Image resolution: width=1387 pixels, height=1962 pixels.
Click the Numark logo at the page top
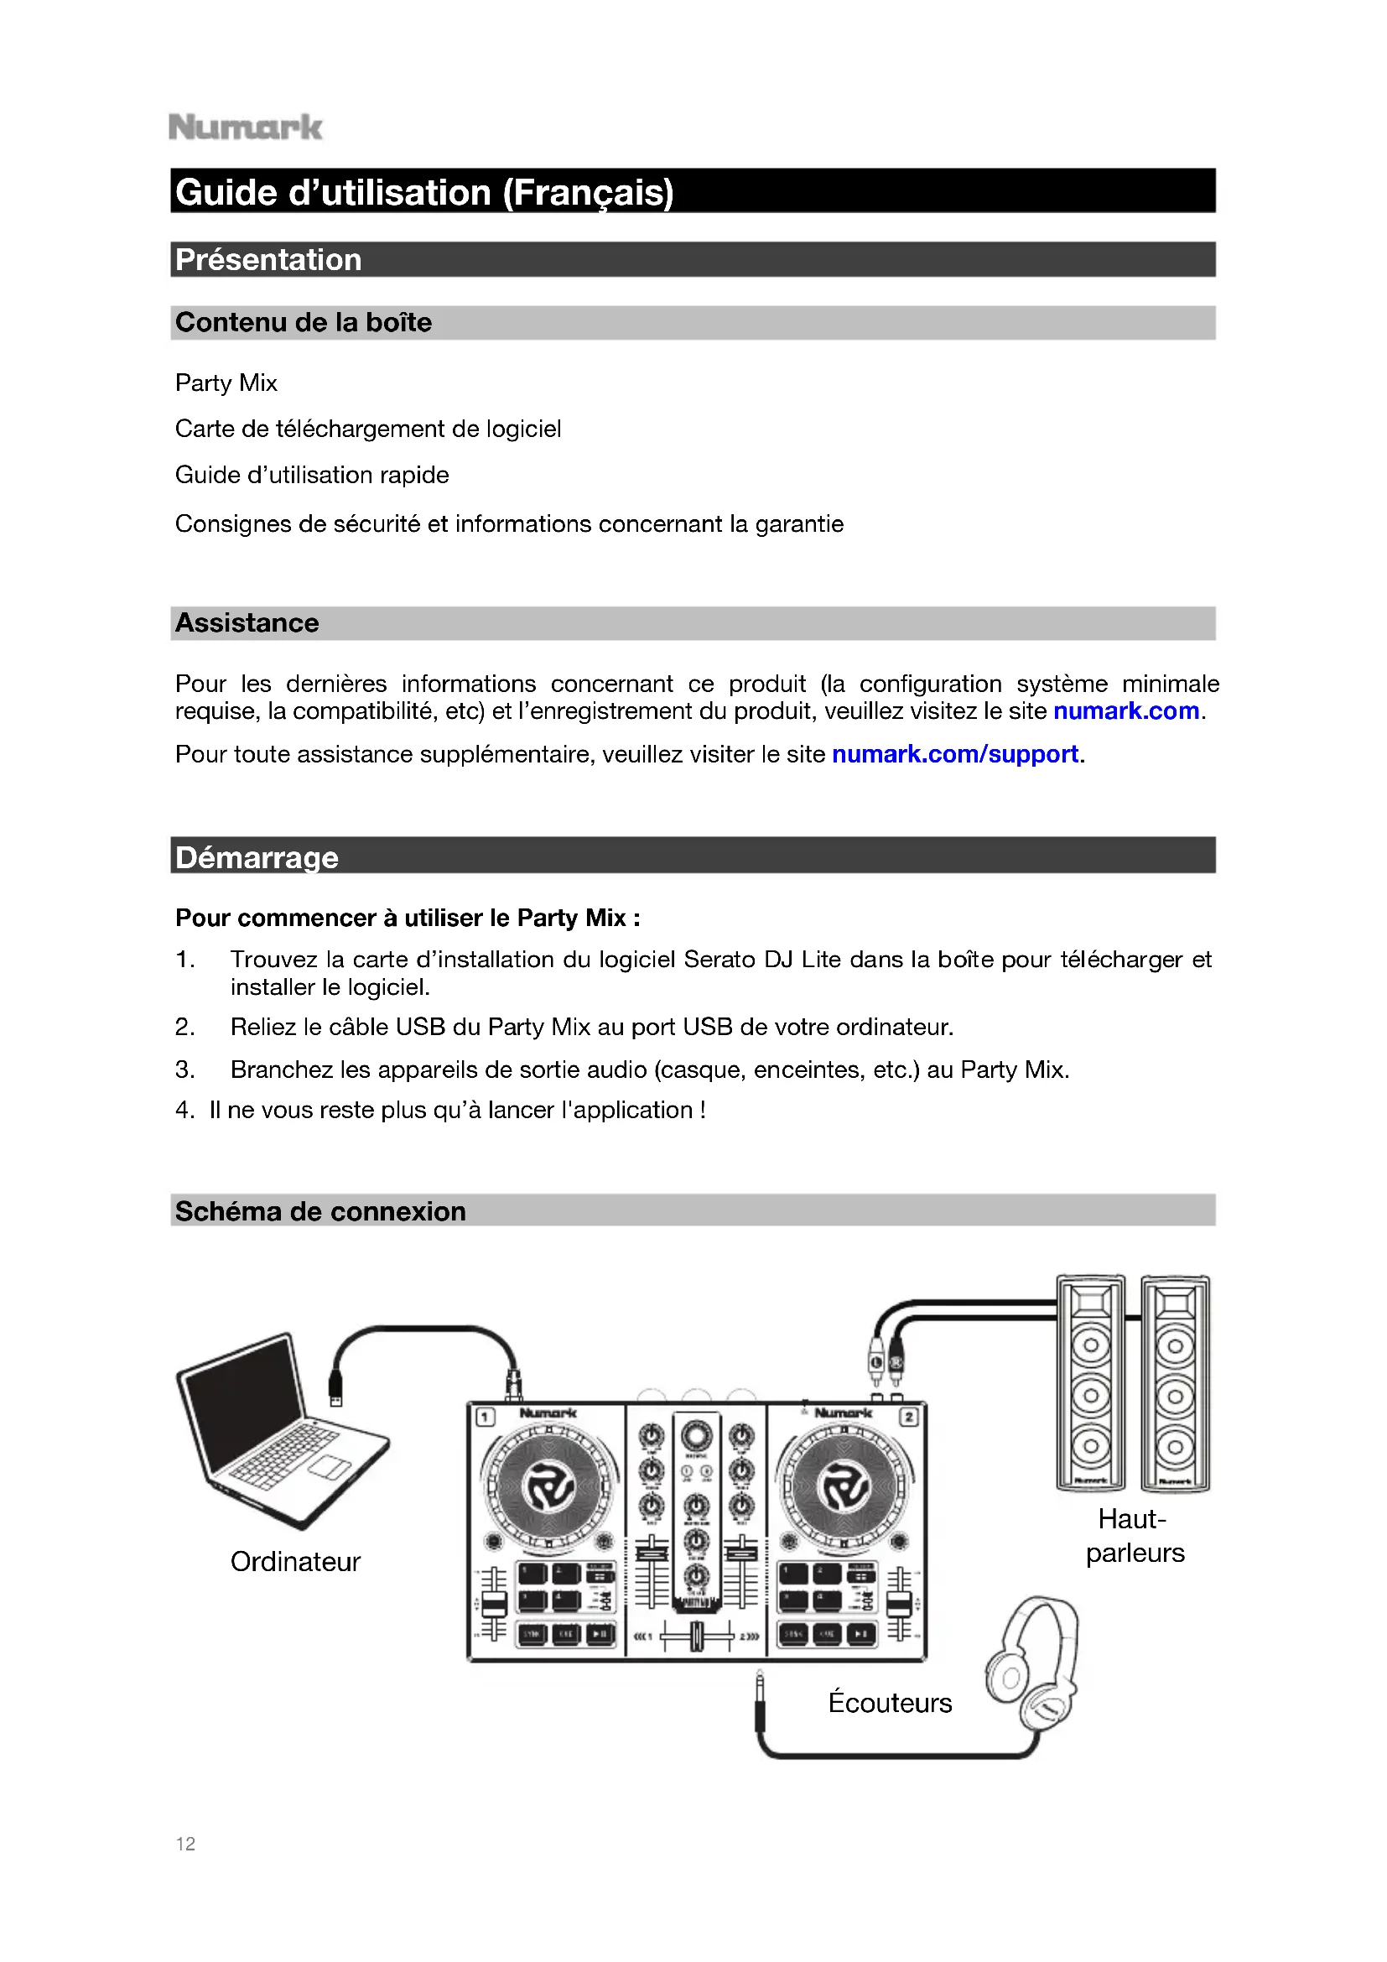(245, 128)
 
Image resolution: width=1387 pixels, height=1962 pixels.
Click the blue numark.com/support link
(955, 755)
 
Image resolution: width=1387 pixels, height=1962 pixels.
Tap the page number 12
(185, 1843)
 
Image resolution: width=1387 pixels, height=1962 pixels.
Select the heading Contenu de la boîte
(304, 322)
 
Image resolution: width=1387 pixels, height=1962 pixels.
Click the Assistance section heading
(247, 623)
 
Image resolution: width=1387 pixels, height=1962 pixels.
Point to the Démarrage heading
(257, 857)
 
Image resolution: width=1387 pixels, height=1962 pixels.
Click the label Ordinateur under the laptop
(295, 1561)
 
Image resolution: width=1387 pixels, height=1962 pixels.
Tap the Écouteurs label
(890, 1702)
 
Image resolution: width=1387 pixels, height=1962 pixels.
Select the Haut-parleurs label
(1135, 1536)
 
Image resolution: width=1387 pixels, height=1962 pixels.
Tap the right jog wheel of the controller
(844, 1487)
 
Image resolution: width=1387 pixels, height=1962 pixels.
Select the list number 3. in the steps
(185, 1069)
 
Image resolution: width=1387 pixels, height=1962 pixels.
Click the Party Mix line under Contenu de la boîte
(226, 383)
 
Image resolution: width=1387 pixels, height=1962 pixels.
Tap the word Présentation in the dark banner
(268, 260)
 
